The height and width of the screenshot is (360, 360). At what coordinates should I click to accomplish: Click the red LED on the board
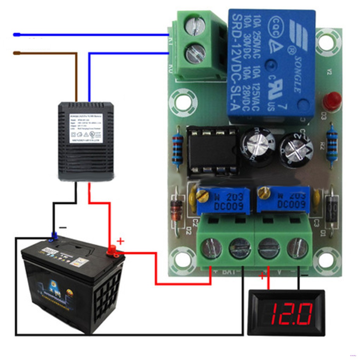pos(332,101)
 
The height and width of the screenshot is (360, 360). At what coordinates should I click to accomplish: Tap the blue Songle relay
pos(271,65)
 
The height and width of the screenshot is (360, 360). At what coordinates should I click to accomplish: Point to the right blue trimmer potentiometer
pos(283,200)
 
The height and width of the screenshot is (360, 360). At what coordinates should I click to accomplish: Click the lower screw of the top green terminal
pos(195,54)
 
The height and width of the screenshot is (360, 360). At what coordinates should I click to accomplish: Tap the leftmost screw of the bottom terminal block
pos(211,248)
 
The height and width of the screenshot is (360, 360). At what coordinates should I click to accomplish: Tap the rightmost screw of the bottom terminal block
pos(297,248)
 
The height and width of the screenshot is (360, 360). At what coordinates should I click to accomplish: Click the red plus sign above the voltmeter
pos(262,276)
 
